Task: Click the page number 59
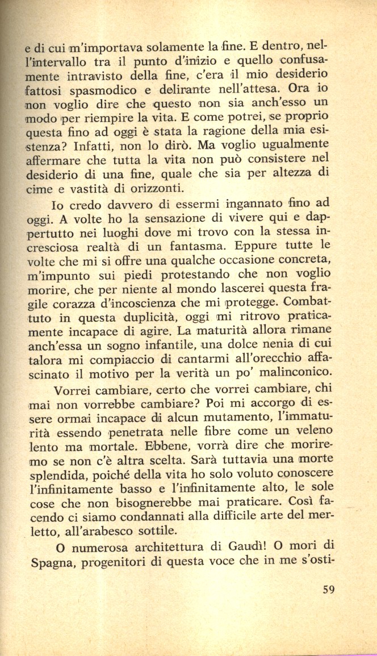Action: [x=328, y=589]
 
